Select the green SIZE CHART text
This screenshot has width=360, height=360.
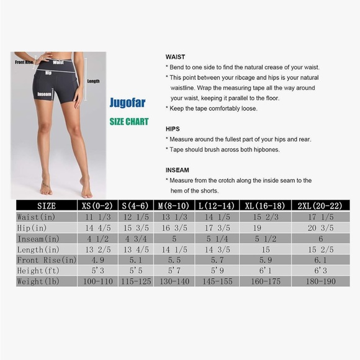129,122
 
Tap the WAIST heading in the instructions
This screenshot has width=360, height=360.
175,56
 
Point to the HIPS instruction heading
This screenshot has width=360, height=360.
173,128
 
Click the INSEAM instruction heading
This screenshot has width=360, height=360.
177,169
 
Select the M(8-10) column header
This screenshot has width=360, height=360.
174,205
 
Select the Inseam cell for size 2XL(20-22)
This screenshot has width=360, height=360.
321,239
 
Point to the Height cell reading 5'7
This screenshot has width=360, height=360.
174,271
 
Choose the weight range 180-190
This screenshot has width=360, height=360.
321,281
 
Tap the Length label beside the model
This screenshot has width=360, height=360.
93,81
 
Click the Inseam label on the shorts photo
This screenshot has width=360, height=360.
44,94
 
